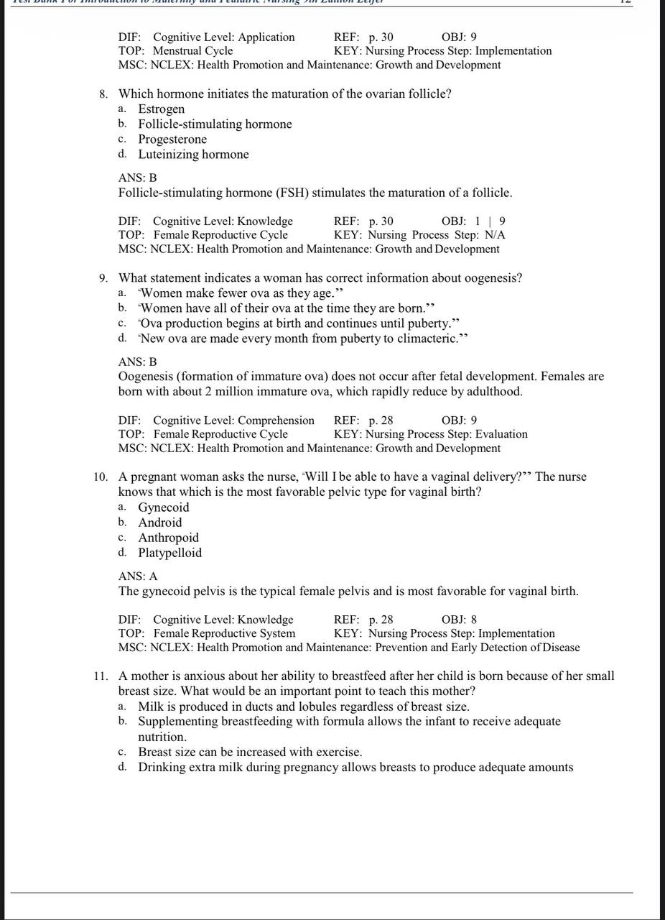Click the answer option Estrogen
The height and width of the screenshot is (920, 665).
click(x=161, y=109)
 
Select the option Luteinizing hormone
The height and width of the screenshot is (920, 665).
click(x=193, y=155)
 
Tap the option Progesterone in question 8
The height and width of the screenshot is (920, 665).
click(x=172, y=139)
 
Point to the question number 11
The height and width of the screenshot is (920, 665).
click(x=101, y=676)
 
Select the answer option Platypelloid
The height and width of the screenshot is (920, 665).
click(x=169, y=553)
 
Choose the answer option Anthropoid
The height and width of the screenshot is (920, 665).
click(x=168, y=538)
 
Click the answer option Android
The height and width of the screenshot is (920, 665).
click(x=159, y=523)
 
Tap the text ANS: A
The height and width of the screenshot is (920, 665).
click(x=138, y=576)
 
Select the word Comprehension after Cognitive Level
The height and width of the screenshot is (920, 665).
click(x=276, y=420)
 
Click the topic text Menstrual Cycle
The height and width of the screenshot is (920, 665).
click(x=192, y=51)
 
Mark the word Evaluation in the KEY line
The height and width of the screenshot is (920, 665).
click(x=501, y=434)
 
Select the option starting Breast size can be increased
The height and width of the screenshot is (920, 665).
click(x=250, y=752)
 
